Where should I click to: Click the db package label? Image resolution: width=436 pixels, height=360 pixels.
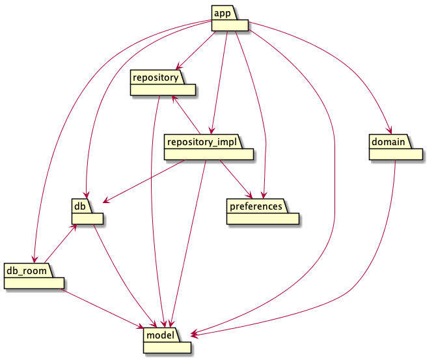click(79, 206)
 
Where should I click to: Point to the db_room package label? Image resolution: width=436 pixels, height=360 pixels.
click(26, 270)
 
